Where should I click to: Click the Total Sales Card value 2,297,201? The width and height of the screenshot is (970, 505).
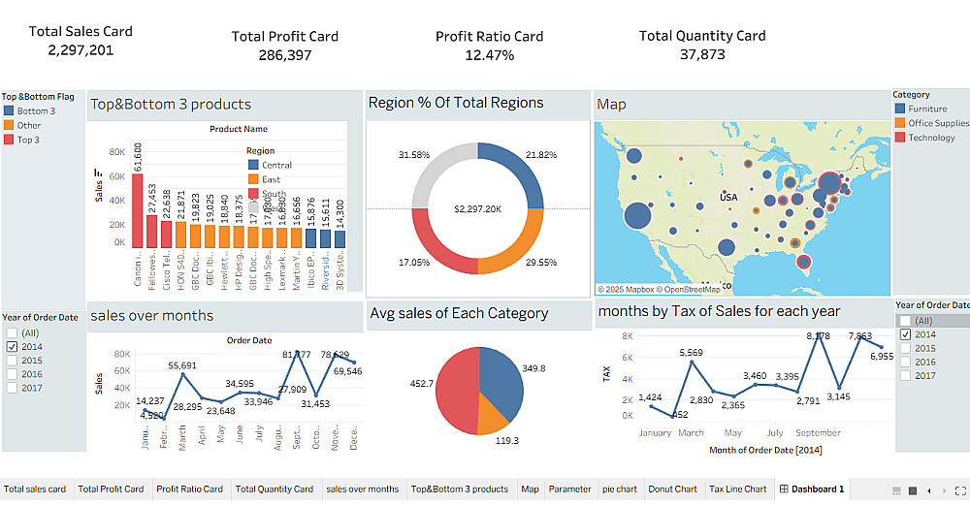tap(81, 50)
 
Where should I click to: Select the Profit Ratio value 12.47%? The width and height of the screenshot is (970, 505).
tap(489, 55)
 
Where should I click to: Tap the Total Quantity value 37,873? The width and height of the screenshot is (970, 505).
tap(701, 54)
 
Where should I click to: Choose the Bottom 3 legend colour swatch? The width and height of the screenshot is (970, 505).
tap(9, 111)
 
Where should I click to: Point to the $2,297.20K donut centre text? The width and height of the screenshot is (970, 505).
tap(477, 209)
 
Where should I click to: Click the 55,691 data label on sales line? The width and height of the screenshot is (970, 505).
tap(182, 365)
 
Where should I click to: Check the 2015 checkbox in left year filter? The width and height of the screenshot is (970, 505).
tap(12, 360)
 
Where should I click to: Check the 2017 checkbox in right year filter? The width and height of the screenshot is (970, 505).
tap(905, 375)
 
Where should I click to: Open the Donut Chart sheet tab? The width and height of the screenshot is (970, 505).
tap(671, 489)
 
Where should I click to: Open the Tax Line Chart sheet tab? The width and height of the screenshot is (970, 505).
tap(737, 489)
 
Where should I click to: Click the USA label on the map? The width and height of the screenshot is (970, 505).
tap(728, 197)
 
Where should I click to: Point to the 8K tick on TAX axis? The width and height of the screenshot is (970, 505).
tap(627, 336)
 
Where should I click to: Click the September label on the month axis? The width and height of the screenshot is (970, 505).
tap(818, 433)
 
